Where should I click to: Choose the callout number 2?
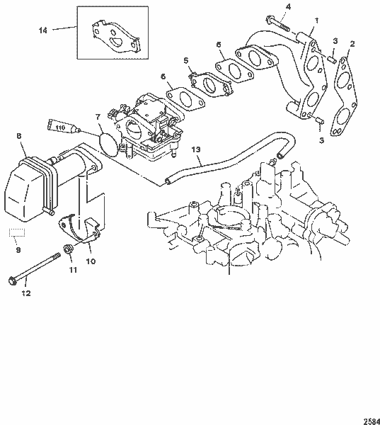point(352,44)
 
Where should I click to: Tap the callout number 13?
point(196,149)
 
